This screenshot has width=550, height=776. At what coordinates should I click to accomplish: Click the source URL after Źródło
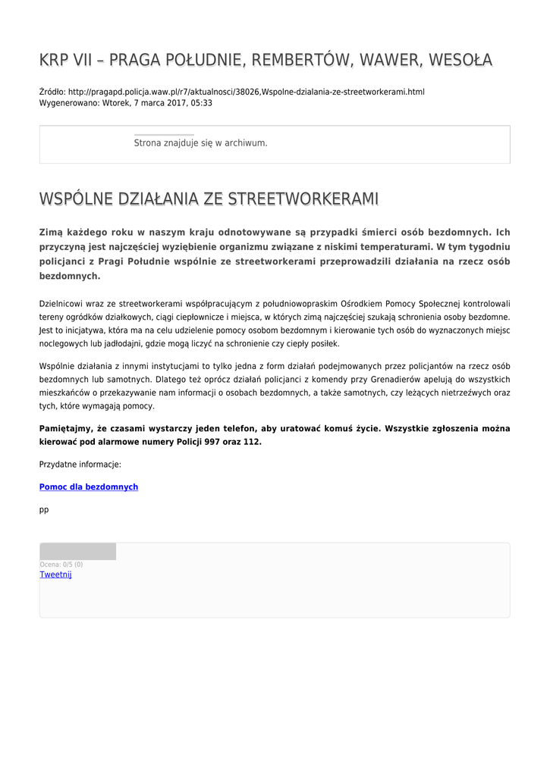[246, 92]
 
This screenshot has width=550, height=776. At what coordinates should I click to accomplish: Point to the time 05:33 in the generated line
[202, 103]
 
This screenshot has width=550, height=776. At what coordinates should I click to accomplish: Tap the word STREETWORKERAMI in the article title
[303, 199]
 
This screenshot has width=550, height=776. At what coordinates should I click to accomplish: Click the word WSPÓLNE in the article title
[74, 199]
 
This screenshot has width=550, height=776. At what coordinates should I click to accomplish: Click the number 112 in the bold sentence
[251, 442]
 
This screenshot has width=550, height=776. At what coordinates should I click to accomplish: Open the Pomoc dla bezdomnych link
[89, 487]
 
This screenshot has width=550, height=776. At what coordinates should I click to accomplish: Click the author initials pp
[44, 510]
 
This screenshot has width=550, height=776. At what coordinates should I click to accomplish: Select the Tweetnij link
[55, 574]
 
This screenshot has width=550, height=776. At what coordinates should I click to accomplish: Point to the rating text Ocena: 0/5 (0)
[61, 565]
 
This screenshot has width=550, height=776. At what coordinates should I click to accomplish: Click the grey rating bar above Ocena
[77, 552]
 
